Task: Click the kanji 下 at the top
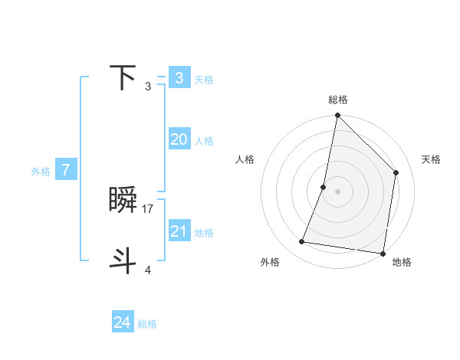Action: (x=123, y=77)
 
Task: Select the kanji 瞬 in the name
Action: (x=123, y=201)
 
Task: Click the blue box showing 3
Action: (x=179, y=77)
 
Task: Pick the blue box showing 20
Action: (x=179, y=139)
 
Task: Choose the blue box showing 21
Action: (x=179, y=231)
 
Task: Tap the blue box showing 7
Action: (x=66, y=170)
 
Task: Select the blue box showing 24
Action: (x=123, y=322)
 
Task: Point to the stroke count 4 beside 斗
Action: (x=148, y=270)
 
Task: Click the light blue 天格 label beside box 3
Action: (x=204, y=80)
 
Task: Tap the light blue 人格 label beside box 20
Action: (x=204, y=141)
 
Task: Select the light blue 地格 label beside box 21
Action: (x=204, y=233)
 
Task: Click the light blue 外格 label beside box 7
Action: (x=41, y=172)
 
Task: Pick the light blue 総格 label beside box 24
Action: (x=147, y=324)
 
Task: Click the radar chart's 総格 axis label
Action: (x=338, y=100)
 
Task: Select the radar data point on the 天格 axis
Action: (x=396, y=172)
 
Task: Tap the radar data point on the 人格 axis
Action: (x=324, y=187)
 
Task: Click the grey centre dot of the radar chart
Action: (x=338, y=191)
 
